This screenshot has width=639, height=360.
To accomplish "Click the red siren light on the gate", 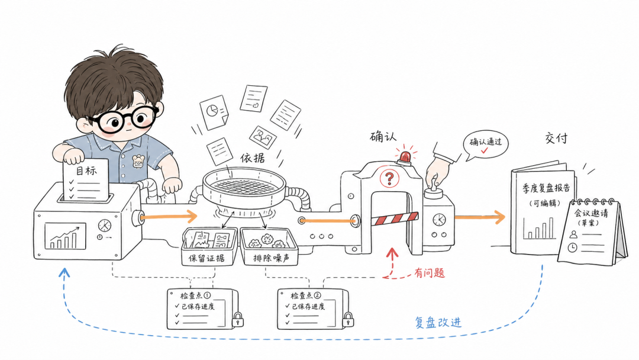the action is tap(405, 157).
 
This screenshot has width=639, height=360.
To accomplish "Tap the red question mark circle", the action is tap(389, 178).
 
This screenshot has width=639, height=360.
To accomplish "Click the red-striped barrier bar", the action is tap(395, 219).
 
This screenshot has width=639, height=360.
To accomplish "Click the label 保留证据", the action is tap(206, 258).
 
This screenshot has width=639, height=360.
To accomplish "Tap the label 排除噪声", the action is tap(271, 258).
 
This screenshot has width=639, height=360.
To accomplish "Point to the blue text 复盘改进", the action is tap(438, 323).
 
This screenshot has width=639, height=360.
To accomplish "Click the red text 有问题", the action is tap(429, 273).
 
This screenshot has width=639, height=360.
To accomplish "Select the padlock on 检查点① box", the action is tap(238, 320).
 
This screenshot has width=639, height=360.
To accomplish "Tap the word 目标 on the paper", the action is tap(86, 171).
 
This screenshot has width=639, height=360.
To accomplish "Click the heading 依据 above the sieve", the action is tap(252, 157).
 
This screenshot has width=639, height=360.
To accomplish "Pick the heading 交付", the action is tap(556, 138).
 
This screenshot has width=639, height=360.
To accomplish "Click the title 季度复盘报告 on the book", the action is tap(546, 188).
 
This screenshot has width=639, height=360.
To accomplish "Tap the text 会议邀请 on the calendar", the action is tap(591, 213).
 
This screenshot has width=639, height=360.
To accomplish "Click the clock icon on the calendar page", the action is tap(573, 247).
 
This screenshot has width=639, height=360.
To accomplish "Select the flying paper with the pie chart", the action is tap(214, 112).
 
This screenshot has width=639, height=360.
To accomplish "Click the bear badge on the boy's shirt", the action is tap(138, 162).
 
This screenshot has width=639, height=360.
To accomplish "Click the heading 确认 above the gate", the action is tap(383, 137).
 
